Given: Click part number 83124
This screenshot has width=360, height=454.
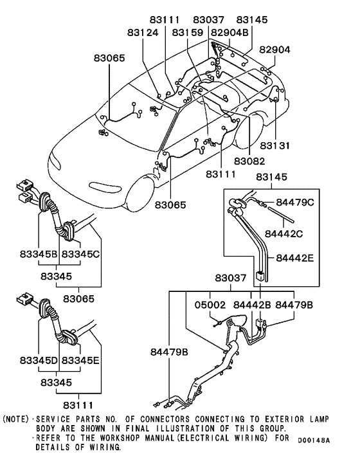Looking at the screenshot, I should point(143,32).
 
